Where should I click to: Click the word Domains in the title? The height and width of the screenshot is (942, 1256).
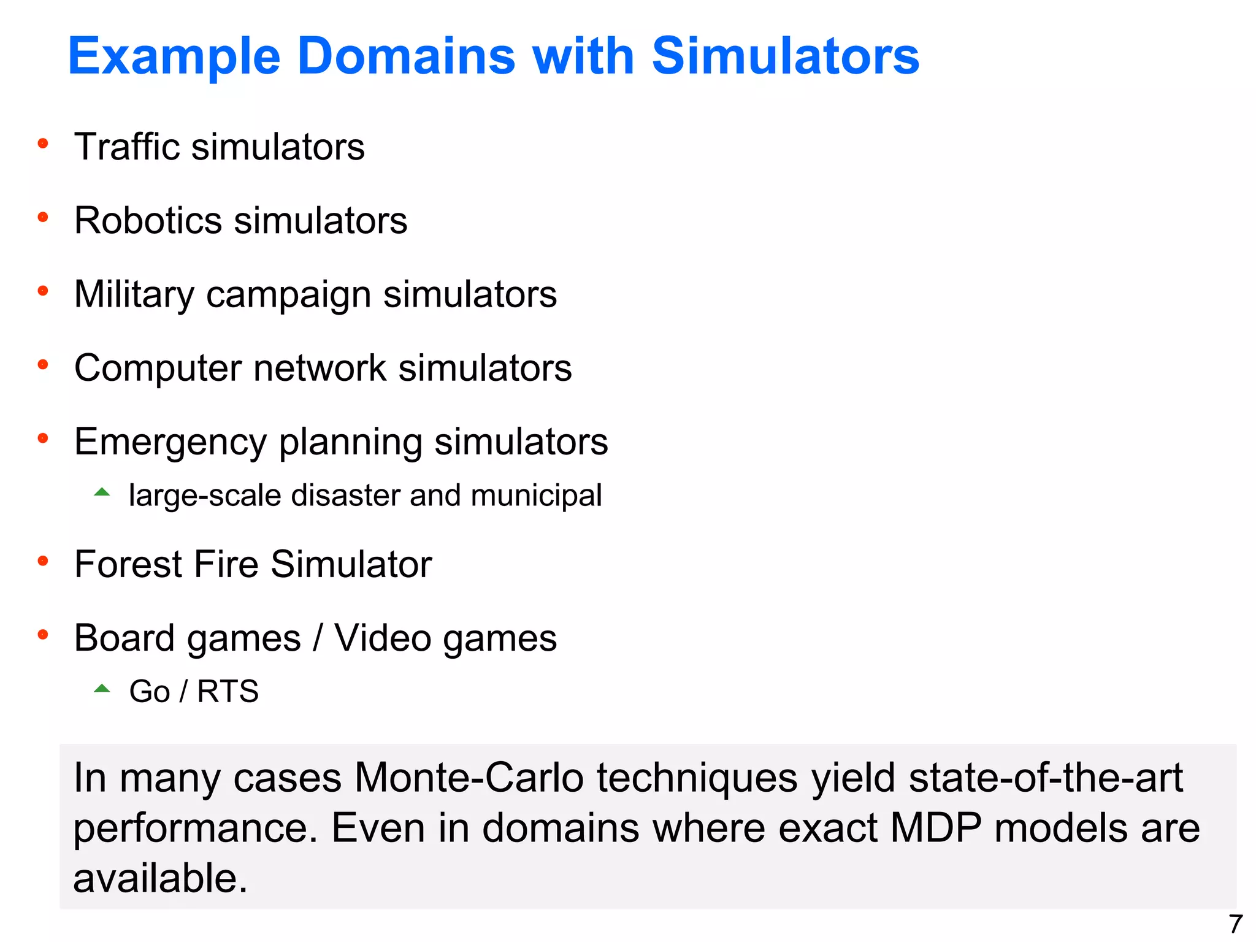pos(406,56)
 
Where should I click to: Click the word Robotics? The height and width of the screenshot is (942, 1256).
pos(147,221)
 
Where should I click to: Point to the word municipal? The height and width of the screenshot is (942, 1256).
pos(536,496)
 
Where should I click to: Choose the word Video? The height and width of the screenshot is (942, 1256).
pos(383,638)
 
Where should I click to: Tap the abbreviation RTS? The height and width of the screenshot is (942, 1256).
pos(228,692)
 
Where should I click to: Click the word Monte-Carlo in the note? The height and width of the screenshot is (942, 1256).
pos(469,778)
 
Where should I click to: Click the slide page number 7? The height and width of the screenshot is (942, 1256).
pos(1235,924)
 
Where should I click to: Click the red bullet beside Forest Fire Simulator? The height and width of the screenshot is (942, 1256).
pos(43,561)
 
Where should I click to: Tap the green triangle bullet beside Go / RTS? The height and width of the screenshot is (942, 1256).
pos(102,689)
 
